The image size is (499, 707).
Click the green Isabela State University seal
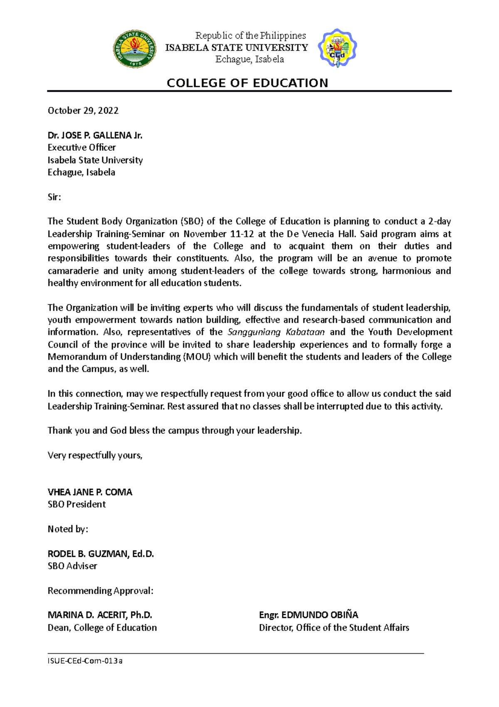(135, 49)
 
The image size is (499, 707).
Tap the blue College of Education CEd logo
(337, 48)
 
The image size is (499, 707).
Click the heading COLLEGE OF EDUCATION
(247, 83)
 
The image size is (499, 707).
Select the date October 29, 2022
(83, 110)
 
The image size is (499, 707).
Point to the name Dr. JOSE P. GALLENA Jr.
(95, 135)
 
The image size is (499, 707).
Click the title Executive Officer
(82, 147)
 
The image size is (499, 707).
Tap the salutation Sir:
(54, 197)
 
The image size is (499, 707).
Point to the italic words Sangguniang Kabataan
(276, 332)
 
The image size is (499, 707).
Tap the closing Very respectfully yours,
(95, 455)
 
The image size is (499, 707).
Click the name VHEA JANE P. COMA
(90, 492)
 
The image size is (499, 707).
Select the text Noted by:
(68, 529)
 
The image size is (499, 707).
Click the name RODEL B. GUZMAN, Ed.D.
(101, 554)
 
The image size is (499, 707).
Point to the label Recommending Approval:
(100, 591)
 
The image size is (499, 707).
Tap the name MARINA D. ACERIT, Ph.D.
(100, 615)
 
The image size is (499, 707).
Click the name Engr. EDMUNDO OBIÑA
(308, 615)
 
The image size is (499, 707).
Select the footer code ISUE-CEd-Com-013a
(85, 661)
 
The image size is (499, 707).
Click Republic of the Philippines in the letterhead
(250, 36)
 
